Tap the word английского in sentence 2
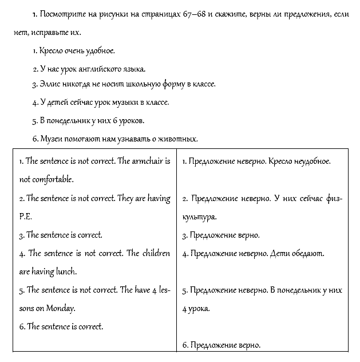(93, 69)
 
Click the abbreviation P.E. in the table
(25, 218)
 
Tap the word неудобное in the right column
(311, 162)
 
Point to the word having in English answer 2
(157, 198)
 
